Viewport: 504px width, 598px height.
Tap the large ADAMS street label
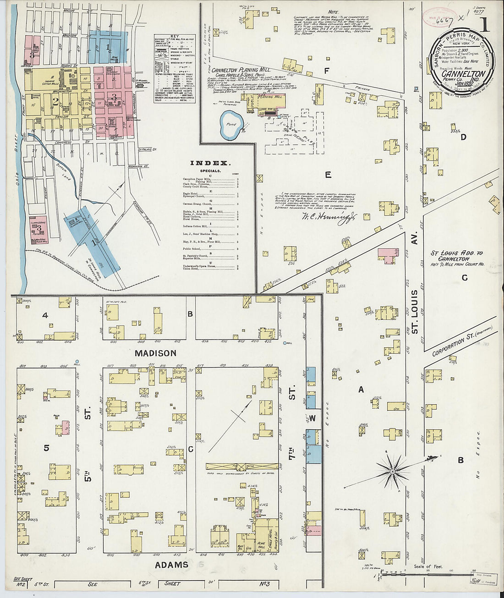[x=171, y=565]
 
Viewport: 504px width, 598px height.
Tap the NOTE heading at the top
[x=333, y=12]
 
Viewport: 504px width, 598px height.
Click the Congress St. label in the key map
[x=63, y=143]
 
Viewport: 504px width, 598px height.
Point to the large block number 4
[x=45, y=315]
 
